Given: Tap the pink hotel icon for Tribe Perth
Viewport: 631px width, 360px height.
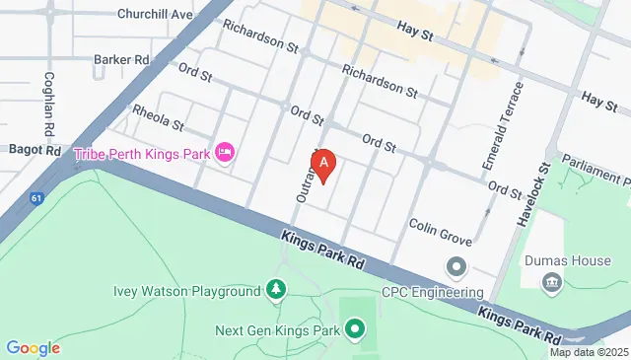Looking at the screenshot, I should pos(225,154).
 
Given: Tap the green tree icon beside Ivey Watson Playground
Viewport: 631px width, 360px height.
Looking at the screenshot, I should pos(278,289).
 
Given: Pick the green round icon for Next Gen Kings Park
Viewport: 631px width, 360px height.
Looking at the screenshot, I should pos(355,328).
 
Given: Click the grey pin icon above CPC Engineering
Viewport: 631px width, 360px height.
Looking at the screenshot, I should pos(456,267).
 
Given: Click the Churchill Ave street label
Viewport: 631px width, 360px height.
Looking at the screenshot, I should pos(155,14).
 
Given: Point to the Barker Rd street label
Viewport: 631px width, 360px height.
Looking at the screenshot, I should pos(121,59).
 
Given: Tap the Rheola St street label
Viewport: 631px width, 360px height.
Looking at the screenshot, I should pos(159,118).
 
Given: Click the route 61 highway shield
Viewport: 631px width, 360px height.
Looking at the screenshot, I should pos(35,198).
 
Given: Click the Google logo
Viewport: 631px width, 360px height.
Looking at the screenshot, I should pos(33,347).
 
